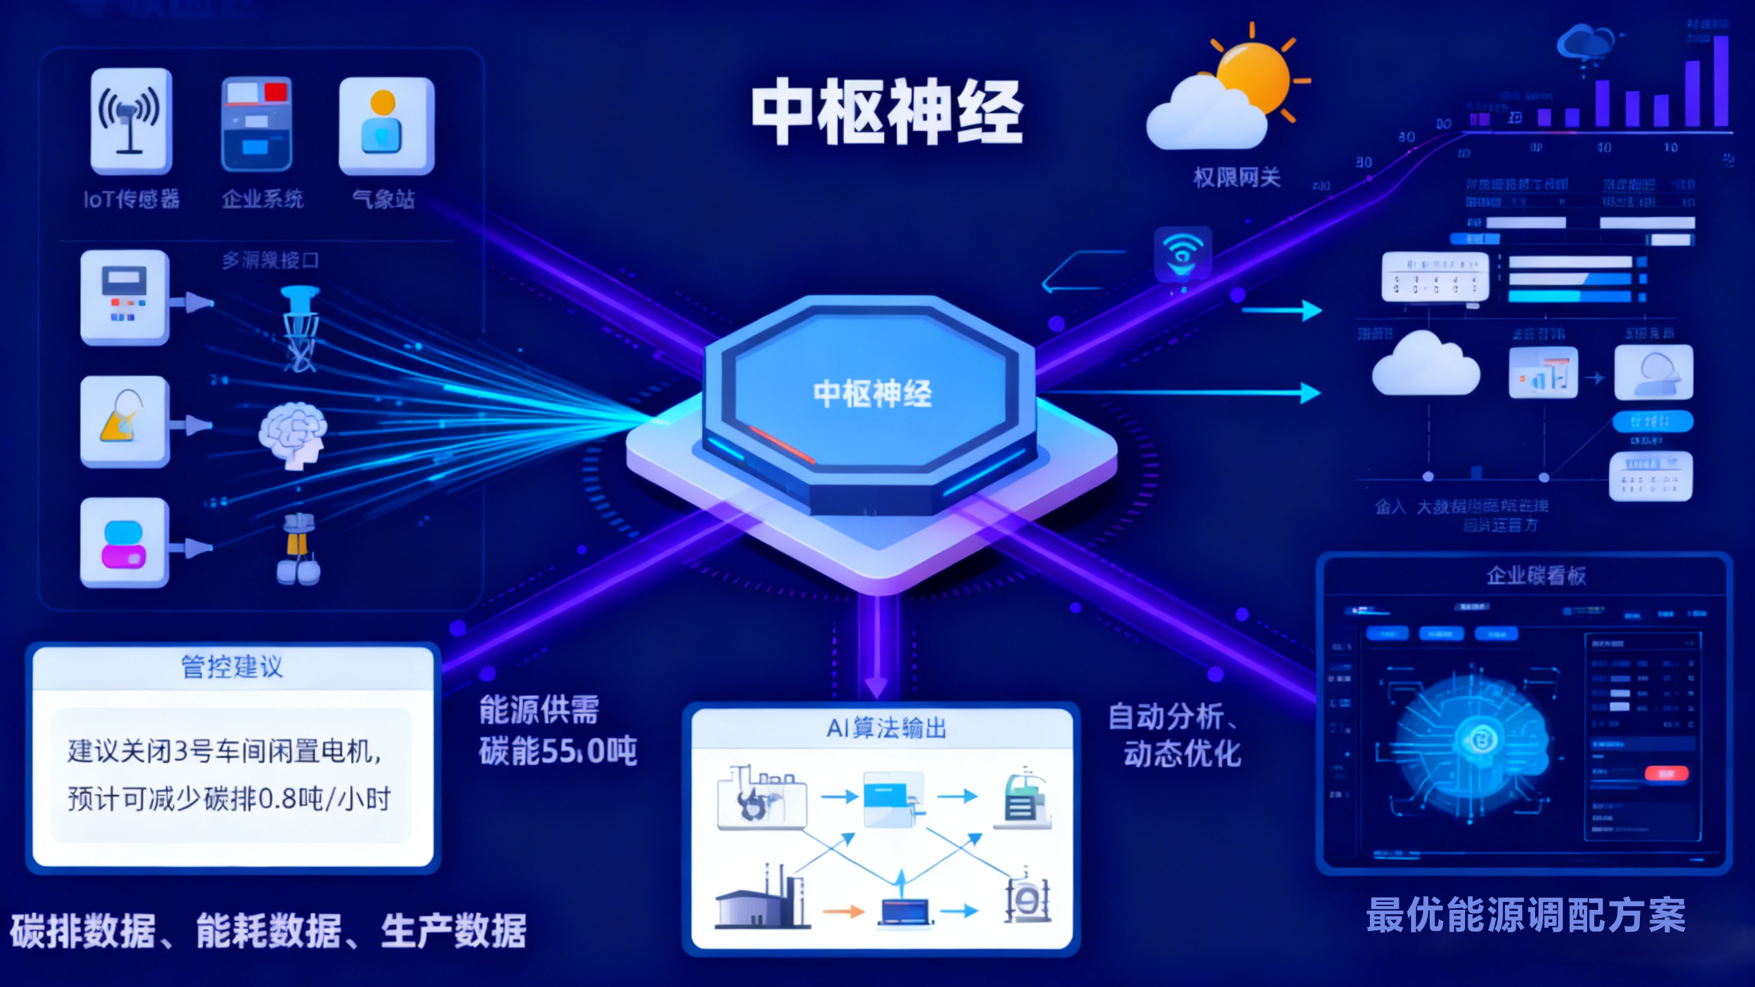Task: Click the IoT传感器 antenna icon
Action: click(x=130, y=122)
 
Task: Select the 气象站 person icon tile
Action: click(x=386, y=125)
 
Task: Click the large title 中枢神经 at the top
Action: click(x=887, y=112)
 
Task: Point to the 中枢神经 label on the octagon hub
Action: click(x=872, y=394)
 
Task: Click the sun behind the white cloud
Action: click(x=1254, y=75)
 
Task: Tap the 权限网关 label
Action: click(x=1237, y=178)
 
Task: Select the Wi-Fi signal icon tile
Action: click(x=1183, y=253)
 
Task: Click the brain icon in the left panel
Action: click(x=293, y=434)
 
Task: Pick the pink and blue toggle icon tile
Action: click(x=124, y=543)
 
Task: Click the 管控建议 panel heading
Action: click(x=231, y=667)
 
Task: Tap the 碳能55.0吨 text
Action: click(x=557, y=751)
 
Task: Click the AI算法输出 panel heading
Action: click(x=887, y=728)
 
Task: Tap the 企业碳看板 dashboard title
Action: click(x=1536, y=575)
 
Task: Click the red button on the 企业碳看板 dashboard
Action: click(x=1666, y=773)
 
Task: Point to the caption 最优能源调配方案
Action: click(x=1526, y=915)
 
